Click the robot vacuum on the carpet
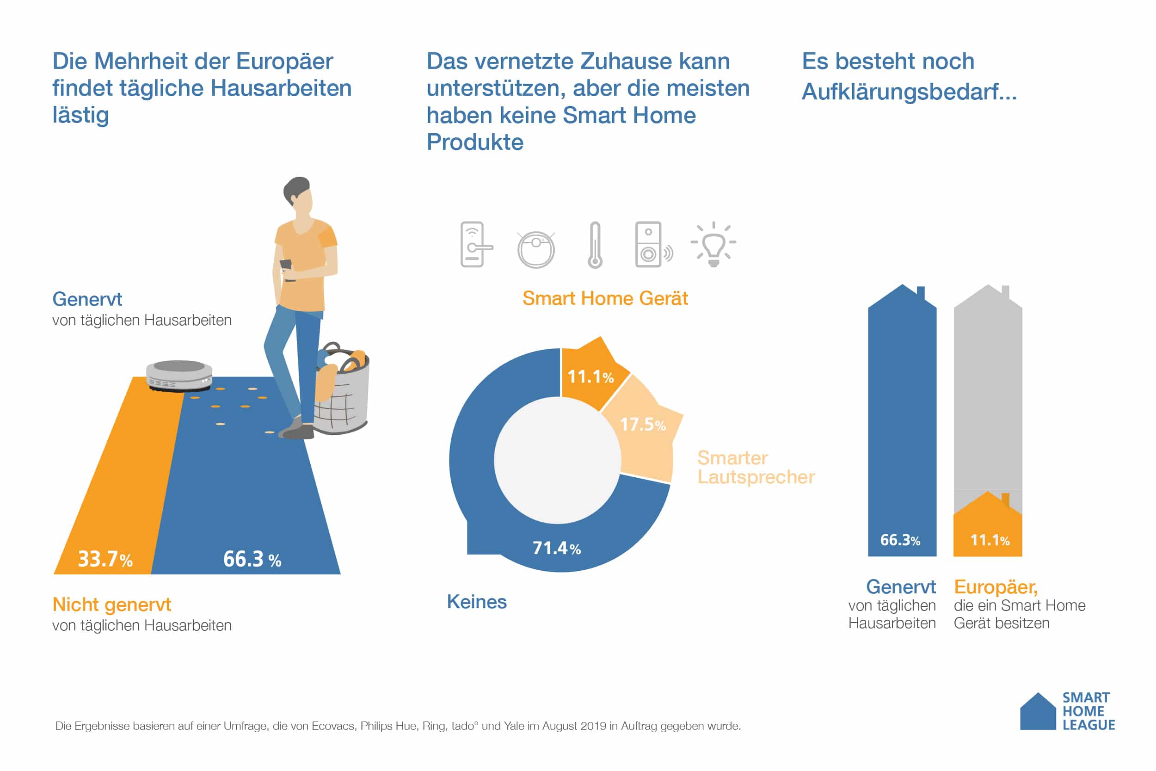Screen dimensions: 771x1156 [x=179, y=375]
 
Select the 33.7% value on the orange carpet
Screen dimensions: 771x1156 [x=105, y=559]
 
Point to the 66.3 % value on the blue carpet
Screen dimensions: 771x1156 [x=252, y=559]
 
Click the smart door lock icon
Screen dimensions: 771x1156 [x=475, y=244]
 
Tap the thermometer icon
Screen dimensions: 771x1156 [x=595, y=245]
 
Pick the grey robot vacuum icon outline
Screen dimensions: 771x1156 [x=536, y=249]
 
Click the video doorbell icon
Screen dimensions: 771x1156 [x=652, y=245]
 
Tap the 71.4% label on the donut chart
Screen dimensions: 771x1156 [x=557, y=548]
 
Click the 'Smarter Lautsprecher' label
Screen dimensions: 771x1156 [x=756, y=468]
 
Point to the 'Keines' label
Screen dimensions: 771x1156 [x=477, y=602]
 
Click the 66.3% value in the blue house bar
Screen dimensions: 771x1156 [x=900, y=540]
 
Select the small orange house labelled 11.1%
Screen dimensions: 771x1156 [x=988, y=529]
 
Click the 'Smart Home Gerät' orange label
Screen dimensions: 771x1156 [x=605, y=298]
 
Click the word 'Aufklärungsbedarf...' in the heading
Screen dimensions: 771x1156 [x=909, y=92]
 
